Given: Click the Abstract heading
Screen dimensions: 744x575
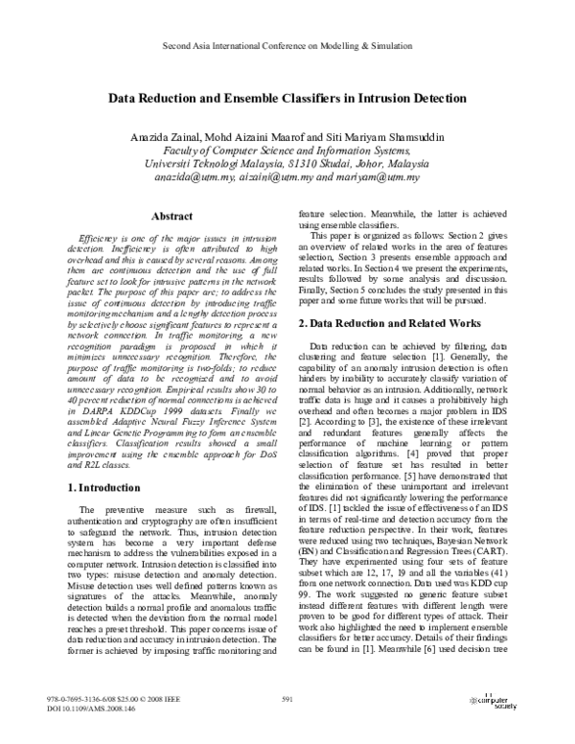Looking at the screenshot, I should coord(153,217).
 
